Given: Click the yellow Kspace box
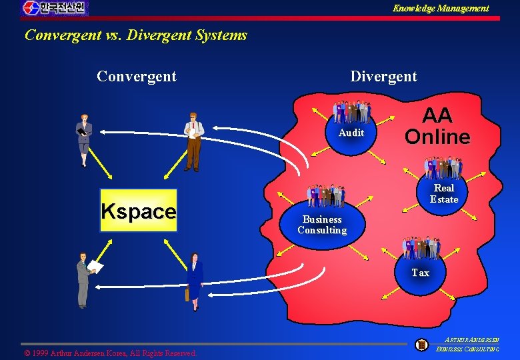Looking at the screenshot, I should [x=139, y=211].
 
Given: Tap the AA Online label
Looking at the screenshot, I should [x=437, y=126].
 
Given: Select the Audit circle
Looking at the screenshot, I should [x=351, y=133].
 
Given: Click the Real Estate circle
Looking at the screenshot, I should [x=443, y=193].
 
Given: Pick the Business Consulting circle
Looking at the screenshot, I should [x=322, y=225].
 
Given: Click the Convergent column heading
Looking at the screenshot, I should [x=137, y=76].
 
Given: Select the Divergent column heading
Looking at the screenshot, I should [x=383, y=76].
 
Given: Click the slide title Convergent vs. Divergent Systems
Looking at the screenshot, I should [x=136, y=35].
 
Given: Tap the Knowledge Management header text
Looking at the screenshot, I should [x=441, y=8].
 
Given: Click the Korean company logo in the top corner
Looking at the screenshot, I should [x=54, y=8].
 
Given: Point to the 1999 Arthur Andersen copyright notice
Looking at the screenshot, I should [x=110, y=353].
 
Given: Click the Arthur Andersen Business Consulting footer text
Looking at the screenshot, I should [x=467, y=344].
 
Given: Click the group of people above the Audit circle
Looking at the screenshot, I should [x=352, y=111].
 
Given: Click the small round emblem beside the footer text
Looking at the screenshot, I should [x=421, y=345].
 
